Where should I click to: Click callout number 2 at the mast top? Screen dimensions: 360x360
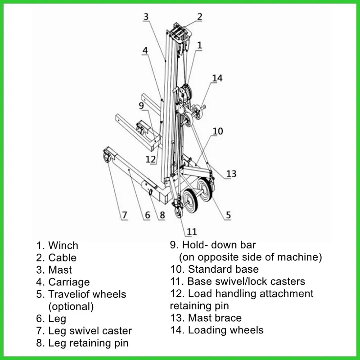pyautogui.click(x=199, y=17)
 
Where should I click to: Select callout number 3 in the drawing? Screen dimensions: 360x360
pyautogui.click(x=146, y=17)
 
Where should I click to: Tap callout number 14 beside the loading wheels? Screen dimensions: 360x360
pyautogui.click(x=217, y=78)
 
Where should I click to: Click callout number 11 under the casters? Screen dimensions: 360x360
pyautogui.click(x=192, y=232)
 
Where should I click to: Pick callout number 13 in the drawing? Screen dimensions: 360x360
pyautogui.click(x=231, y=174)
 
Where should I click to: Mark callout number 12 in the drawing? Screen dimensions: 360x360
pyautogui.click(x=151, y=159)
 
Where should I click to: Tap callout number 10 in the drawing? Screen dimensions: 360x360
pyautogui.click(x=218, y=131)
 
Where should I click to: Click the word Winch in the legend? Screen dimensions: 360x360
pyautogui.click(x=63, y=246)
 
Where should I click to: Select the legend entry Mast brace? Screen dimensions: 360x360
pyautogui.click(x=215, y=318)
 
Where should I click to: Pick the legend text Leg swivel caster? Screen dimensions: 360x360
pyautogui.click(x=90, y=331)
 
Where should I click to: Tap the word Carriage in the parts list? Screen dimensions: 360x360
pyautogui.click(x=69, y=282)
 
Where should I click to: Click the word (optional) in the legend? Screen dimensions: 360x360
pyautogui.click(x=71, y=306)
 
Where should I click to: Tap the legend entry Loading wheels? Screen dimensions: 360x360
pyautogui.click(x=225, y=330)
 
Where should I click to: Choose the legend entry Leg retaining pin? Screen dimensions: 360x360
pyautogui.click(x=88, y=343)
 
